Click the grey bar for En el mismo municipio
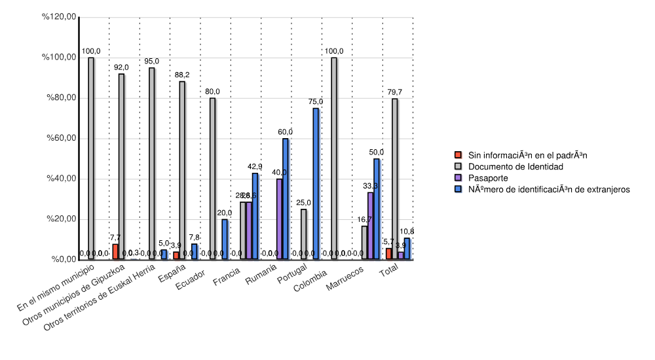pos(91,158)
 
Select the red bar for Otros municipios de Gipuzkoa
pos(115,252)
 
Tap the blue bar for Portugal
pos(316,184)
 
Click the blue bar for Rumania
pos(286,199)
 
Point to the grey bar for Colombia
pos(334,158)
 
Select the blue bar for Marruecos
pos(377,209)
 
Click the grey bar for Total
pos(394,179)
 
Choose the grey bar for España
pos(182,170)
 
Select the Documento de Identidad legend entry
pos(507,167)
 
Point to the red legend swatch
pos(458,156)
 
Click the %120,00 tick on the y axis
pos(60,17)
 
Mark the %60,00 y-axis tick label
pos(60,139)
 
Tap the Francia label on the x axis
pos(226,283)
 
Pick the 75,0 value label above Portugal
pos(316,101)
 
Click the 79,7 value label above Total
pos(395,92)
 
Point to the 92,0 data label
pos(121,67)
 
